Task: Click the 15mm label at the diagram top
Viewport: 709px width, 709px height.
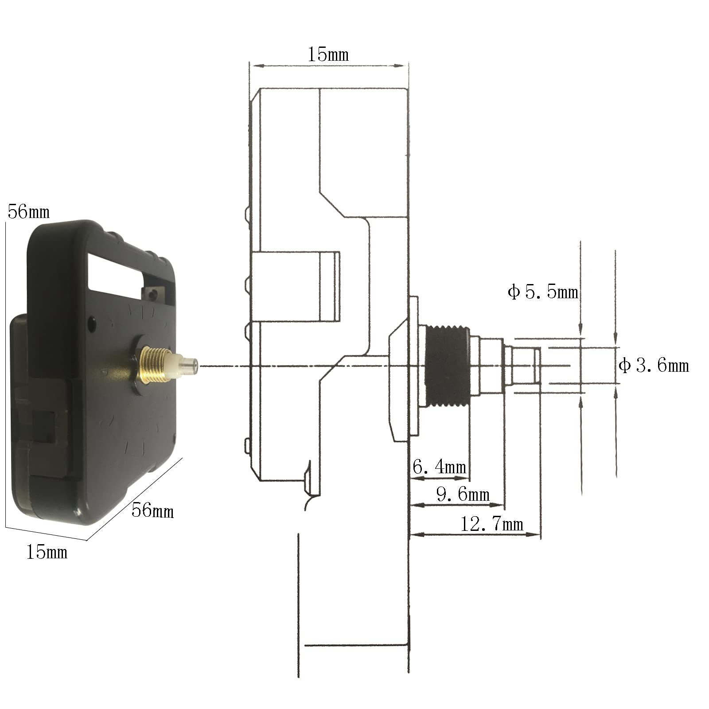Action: click(328, 55)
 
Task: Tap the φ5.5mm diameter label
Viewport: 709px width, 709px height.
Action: click(543, 292)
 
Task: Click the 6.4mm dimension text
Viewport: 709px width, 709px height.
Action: click(439, 467)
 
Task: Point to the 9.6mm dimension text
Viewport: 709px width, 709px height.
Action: click(463, 495)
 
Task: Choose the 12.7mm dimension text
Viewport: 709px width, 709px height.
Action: click(492, 524)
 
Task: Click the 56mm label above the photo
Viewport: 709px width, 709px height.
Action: click(28, 212)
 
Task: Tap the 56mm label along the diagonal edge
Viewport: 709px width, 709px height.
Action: click(152, 510)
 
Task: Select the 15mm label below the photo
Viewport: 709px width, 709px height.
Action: click(47, 552)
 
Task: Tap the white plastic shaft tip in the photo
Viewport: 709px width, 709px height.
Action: click(186, 366)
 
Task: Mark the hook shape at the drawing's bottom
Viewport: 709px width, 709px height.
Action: click(308, 485)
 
